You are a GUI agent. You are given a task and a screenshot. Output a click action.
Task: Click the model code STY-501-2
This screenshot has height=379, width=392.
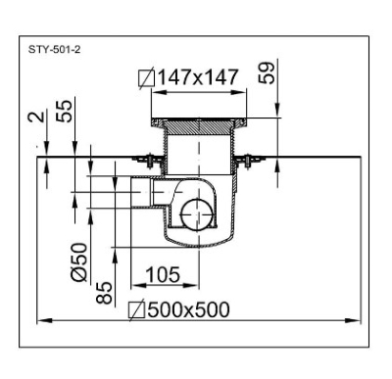(x=54, y=50)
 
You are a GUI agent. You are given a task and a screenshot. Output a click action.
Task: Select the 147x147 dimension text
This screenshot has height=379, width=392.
(x=198, y=77)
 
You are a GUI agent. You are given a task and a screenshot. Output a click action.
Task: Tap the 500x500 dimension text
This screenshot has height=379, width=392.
(x=188, y=309)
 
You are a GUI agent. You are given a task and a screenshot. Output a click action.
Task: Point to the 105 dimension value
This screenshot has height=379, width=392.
(x=163, y=274)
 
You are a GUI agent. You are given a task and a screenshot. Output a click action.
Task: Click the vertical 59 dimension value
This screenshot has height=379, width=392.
(x=267, y=72)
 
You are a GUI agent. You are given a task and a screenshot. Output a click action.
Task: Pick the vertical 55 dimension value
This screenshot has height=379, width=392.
(x=64, y=111)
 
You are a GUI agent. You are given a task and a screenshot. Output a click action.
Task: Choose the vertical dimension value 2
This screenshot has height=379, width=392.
(x=36, y=117)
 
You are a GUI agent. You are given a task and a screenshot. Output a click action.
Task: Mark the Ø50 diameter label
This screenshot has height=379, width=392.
(x=79, y=262)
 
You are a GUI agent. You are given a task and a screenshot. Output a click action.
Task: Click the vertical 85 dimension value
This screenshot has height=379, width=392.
(x=105, y=293)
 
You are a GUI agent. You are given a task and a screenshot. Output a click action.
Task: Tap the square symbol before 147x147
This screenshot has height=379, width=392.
(x=146, y=78)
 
